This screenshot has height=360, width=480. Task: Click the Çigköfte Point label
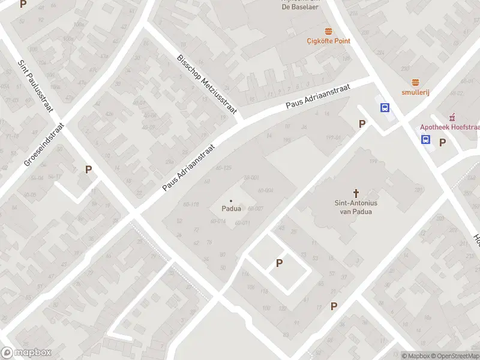328,41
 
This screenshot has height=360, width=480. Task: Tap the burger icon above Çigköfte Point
328,31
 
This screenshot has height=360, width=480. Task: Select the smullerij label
415,92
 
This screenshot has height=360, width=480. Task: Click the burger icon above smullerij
415,82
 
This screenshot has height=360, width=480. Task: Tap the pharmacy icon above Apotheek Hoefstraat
452,116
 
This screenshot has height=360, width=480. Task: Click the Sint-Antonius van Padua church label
355,207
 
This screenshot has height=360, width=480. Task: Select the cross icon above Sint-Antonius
356,193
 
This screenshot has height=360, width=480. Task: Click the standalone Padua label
231,209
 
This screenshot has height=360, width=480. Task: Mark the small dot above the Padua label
231,200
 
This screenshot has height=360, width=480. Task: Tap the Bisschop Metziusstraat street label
207,84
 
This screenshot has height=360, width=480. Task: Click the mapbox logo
26,353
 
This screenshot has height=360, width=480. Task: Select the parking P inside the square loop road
279,263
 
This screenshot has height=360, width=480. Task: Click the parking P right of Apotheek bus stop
443,142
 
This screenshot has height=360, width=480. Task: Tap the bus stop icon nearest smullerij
385,108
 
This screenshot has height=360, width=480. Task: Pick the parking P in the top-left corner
23,4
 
